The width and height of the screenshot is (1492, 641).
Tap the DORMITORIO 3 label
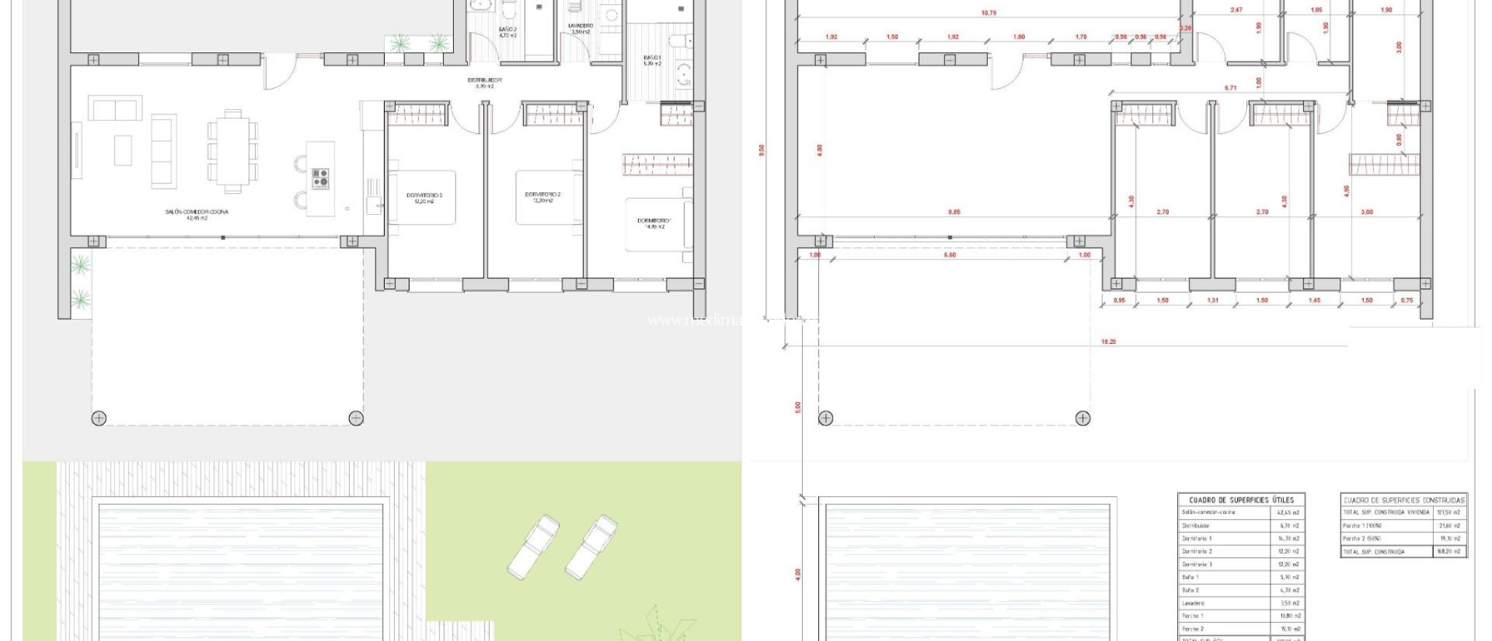click(x=425, y=195)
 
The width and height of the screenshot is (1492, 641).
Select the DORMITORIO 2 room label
click(x=542, y=194)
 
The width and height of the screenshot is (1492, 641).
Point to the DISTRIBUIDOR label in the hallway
click(x=484, y=80)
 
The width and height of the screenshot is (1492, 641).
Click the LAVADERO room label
click(x=581, y=25)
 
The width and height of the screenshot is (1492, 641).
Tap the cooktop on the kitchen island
click(x=321, y=178)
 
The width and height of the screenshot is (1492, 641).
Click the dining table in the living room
click(x=233, y=151)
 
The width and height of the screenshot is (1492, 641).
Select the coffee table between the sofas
click(x=122, y=150)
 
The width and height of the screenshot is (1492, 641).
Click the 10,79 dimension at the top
click(x=989, y=13)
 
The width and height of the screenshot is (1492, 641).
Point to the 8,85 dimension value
click(x=954, y=212)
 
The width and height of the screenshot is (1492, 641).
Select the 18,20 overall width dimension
click(x=1108, y=341)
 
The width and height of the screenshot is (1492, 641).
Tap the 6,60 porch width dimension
click(x=949, y=255)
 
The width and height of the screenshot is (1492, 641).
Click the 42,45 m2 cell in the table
click(x=1289, y=512)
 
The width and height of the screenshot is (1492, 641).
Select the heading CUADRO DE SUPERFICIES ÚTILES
click(x=1241, y=500)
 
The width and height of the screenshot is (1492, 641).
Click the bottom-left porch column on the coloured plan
click(x=98, y=418)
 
